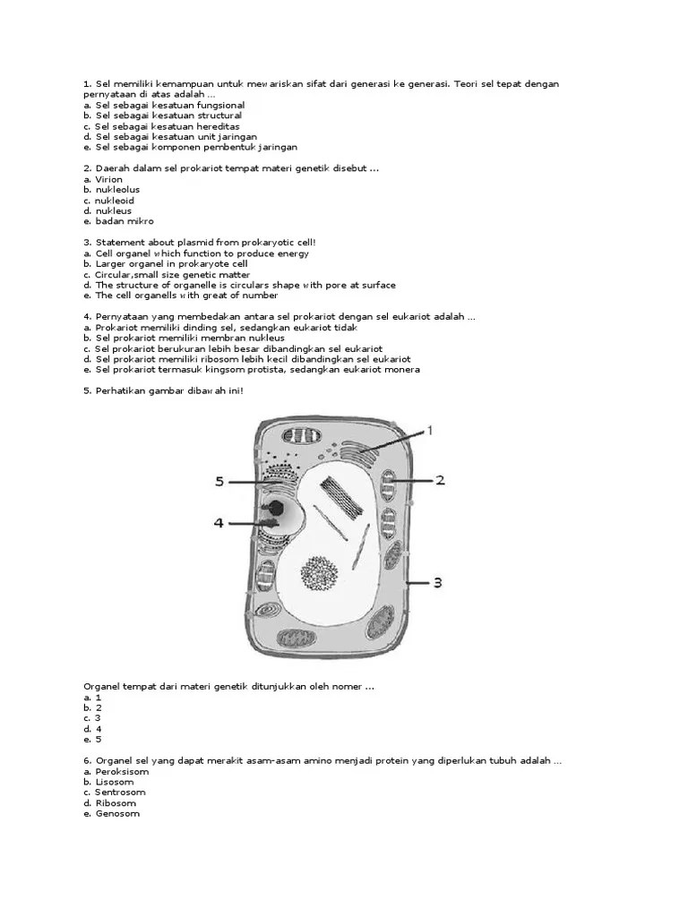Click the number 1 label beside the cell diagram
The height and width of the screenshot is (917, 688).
tap(429, 431)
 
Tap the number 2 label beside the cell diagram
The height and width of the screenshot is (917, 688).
tap(440, 480)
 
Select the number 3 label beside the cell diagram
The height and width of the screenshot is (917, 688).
tap(438, 583)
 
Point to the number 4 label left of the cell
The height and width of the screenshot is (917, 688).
tap(218, 522)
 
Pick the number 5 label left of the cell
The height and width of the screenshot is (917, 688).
tap(219, 482)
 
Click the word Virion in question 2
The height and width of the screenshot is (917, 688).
tap(109, 179)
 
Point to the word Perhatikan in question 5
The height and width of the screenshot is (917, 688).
tap(122, 390)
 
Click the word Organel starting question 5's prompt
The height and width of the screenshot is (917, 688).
tap(102, 686)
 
